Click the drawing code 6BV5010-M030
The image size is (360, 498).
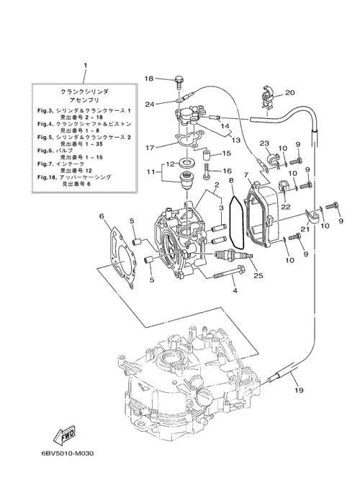click(x=67, y=453)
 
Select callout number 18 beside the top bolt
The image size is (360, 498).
click(x=149, y=79)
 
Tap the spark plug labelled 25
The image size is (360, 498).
click(x=234, y=255)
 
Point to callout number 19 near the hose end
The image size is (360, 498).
click(x=299, y=390)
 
